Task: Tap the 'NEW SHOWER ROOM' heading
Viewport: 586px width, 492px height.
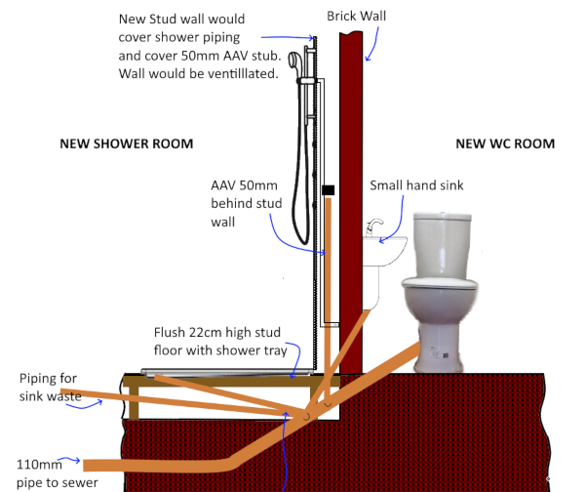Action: coord(127,143)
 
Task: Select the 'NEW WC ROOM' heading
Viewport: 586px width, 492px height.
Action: coord(505,143)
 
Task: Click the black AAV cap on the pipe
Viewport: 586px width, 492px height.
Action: coord(329,191)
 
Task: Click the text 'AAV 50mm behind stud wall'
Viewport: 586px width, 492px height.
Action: coord(238,203)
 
